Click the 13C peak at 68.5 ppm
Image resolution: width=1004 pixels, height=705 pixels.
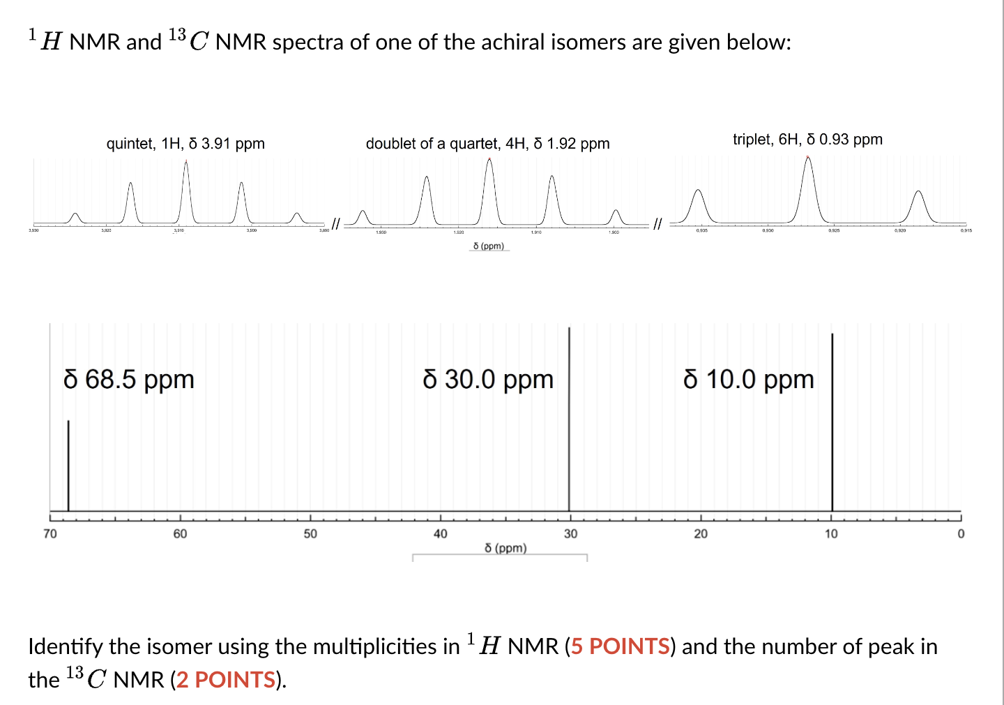68,464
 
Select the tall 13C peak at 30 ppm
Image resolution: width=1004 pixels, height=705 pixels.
569,419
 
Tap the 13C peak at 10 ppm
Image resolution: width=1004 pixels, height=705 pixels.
832,422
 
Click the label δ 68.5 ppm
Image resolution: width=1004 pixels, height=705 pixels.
128,380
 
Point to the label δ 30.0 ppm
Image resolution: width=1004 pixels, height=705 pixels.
488,380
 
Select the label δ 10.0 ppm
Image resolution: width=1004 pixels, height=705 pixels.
749,380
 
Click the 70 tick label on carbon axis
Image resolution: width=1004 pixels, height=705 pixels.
50,534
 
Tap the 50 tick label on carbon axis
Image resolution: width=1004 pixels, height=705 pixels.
310,534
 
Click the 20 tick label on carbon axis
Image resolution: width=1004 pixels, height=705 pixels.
701,534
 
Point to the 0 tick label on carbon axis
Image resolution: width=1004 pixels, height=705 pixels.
961,534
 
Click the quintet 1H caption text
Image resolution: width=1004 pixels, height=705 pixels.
185,144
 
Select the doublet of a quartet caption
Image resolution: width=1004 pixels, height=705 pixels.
487,144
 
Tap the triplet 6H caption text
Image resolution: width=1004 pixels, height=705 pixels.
807,140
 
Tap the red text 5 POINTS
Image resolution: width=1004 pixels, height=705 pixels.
620,646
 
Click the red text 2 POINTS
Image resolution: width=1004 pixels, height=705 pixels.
226,680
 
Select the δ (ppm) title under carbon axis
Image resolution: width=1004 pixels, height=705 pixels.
505,548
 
